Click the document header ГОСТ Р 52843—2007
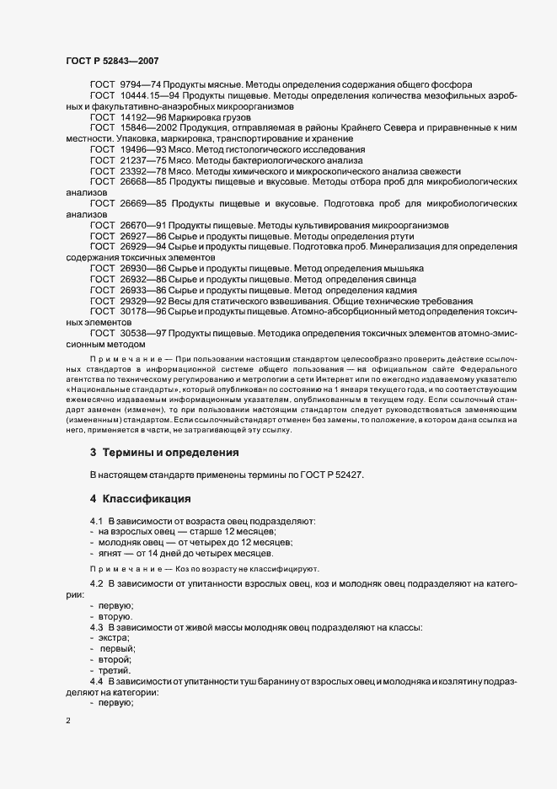tap(111, 61)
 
